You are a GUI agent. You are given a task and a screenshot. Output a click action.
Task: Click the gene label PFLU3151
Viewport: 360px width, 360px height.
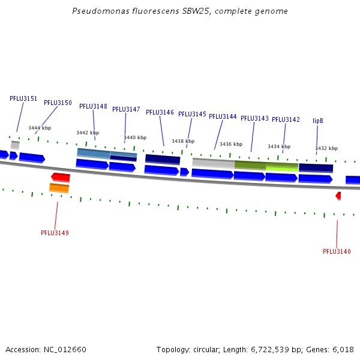tap(23, 98)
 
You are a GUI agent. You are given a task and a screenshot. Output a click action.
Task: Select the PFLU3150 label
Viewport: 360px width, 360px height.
tap(58, 103)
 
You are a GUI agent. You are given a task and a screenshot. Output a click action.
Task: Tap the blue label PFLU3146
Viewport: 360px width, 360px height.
tap(160, 112)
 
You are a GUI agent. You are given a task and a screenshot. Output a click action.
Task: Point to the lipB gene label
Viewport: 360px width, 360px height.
tap(318, 121)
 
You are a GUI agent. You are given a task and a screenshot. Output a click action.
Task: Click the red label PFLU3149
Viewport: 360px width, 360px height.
tap(55, 233)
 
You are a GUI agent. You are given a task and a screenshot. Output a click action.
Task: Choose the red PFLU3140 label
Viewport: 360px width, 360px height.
tap(337, 251)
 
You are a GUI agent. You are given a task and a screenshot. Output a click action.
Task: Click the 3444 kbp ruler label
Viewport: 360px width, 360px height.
tap(40, 128)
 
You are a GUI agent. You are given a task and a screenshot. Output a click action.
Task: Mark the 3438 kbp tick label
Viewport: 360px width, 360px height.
tap(183, 141)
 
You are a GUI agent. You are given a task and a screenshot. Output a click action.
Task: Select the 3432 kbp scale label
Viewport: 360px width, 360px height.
tap(326, 148)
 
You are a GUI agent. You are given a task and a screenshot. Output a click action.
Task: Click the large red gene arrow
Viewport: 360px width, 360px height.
tap(61, 177)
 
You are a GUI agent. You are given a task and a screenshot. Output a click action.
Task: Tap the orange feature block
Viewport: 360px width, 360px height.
tap(59, 188)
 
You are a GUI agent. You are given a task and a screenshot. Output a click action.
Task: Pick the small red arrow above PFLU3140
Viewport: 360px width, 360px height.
tap(338, 196)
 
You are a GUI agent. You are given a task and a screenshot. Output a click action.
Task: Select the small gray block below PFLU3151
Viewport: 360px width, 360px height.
tap(15, 145)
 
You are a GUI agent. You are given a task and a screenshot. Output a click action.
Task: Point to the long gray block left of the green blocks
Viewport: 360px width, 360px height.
tap(214, 163)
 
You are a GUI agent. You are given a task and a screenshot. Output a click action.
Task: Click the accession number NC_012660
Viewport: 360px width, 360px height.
tap(65, 350)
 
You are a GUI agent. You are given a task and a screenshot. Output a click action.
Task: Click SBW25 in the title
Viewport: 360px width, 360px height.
tap(196, 11)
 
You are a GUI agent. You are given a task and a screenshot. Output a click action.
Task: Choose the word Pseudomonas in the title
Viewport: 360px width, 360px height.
tap(101, 11)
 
